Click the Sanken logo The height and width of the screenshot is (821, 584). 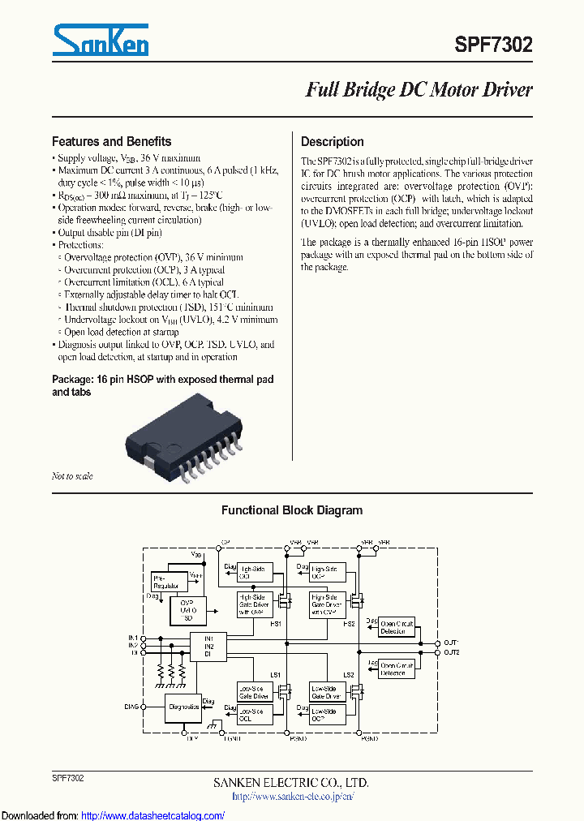[x=100, y=39]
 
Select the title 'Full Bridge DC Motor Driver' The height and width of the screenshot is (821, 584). [x=419, y=90]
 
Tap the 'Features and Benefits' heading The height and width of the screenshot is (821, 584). [x=111, y=141]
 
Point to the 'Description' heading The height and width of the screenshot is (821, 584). [x=333, y=141]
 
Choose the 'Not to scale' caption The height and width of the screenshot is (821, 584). [x=72, y=476]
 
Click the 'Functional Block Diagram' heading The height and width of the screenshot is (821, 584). [x=292, y=510]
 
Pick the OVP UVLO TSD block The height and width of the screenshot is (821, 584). [x=188, y=609]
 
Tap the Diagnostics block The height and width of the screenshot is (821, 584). [x=184, y=706]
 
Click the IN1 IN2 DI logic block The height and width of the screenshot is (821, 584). [x=208, y=646]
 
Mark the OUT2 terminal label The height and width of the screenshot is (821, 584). [x=452, y=652]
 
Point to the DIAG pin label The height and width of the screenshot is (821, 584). [x=131, y=707]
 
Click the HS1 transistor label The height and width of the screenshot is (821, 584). [x=276, y=623]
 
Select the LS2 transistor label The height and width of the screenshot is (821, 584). [x=349, y=675]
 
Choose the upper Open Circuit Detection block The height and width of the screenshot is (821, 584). [x=397, y=627]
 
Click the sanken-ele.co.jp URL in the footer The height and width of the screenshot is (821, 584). [x=293, y=797]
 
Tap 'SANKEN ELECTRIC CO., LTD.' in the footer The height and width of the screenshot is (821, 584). [x=291, y=783]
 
